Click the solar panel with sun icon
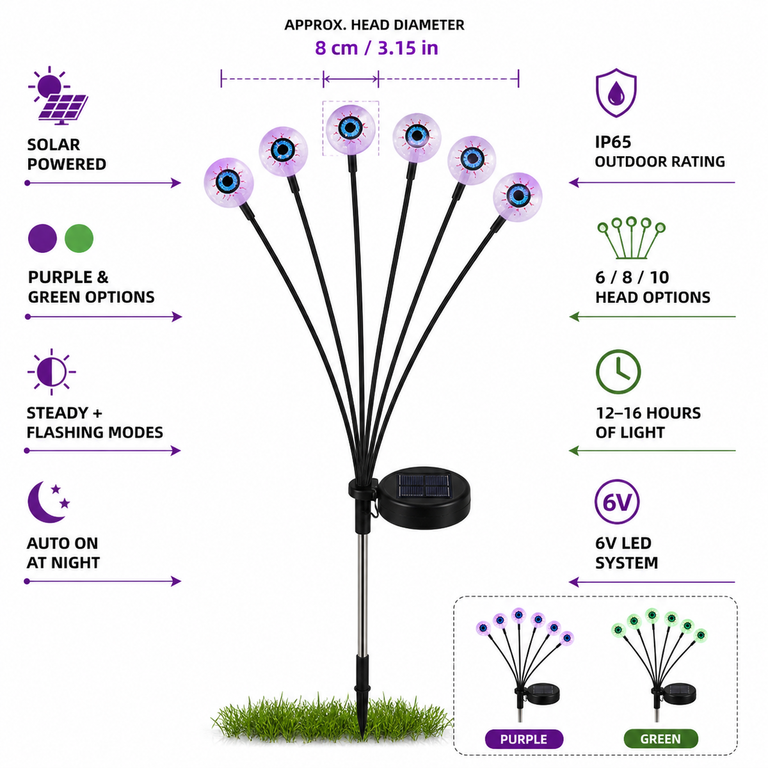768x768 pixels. point(58,95)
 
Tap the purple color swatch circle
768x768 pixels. point(42,238)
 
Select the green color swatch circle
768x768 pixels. point(79,238)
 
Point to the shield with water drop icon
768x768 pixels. point(616,93)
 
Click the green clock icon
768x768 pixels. point(618,371)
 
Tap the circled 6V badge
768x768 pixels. point(616,502)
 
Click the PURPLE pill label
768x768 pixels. point(524,739)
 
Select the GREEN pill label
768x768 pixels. point(660,739)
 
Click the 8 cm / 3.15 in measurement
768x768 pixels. point(376,48)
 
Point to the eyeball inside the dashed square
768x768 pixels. point(350,129)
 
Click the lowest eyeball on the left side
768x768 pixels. point(228,182)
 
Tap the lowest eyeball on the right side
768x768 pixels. point(517,195)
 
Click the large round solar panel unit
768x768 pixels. point(423,497)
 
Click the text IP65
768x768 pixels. point(613,142)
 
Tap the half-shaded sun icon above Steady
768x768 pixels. point(51,372)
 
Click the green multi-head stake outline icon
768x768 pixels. point(631,238)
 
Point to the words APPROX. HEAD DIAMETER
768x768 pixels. point(374,25)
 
